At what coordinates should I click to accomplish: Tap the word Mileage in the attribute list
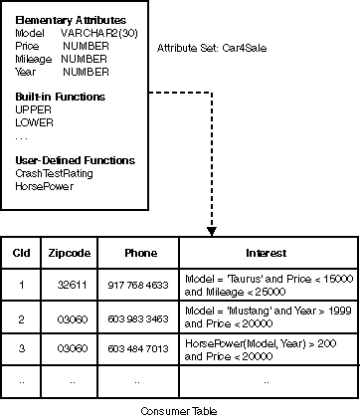click(33, 59)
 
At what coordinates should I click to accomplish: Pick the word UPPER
click(33, 109)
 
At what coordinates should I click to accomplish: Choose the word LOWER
click(34, 122)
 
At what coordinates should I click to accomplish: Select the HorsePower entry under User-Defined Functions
click(44, 186)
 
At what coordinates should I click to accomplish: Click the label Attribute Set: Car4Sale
click(205, 49)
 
